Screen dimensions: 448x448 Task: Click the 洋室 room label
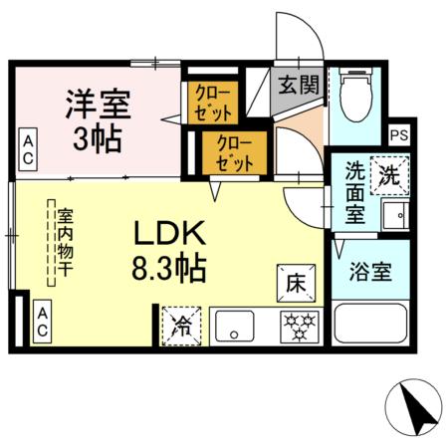(x=98, y=103)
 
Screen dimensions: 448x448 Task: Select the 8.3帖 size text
(x=169, y=270)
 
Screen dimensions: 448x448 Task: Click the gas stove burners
(x=296, y=324)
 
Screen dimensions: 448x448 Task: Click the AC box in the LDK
(x=43, y=321)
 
